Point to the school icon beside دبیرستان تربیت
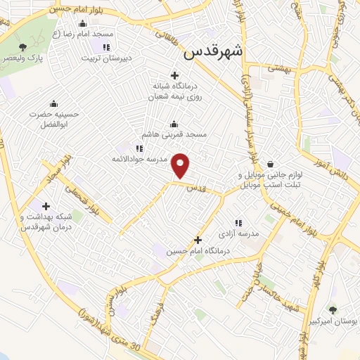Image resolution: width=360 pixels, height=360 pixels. pyautogui.click(x=106, y=48)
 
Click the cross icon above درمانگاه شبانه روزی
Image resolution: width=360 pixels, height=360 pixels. pyautogui.click(x=174, y=75)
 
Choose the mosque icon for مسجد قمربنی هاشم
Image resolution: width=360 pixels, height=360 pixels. pyautogui.click(x=174, y=123)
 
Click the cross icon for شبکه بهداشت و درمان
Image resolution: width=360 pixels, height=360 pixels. pyautogui.click(x=46, y=207)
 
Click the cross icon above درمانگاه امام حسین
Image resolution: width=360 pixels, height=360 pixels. pyautogui.click(x=198, y=240)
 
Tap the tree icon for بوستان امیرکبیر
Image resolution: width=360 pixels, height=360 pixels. pyautogui.click(x=333, y=309)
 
